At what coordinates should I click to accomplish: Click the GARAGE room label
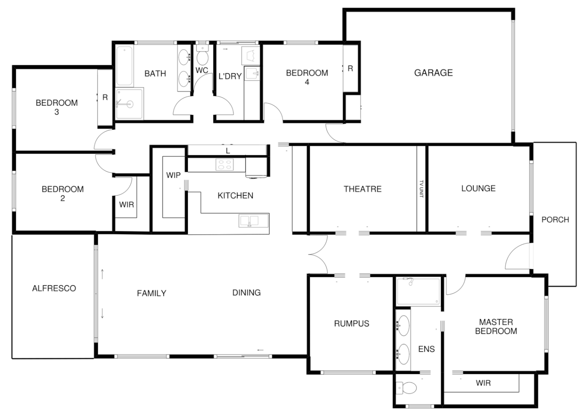click(x=433, y=73)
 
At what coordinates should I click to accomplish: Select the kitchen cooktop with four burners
click(x=225, y=164)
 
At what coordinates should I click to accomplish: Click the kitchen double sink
click(x=249, y=221)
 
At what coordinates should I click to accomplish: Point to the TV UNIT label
click(x=421, y=189)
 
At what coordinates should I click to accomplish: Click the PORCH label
click(x=555, y=220)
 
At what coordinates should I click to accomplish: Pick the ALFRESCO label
click(x=54, y=288)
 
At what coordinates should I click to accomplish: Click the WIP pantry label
click(x=173, y=175)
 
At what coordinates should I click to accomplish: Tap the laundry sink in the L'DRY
click(x=252, y=72)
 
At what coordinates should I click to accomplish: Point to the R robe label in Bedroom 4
click(x=350, y=69)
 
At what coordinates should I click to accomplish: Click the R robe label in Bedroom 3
click(x=105, y=98)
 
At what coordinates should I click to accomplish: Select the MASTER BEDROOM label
click(x=496, y=326)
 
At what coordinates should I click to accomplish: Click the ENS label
click(x=426, y=349)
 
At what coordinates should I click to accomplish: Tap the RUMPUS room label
click(x=351, y=324)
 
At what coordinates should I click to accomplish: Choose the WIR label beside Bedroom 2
click(x=126, y=205)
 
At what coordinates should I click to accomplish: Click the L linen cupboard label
click(x=228, y=151)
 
